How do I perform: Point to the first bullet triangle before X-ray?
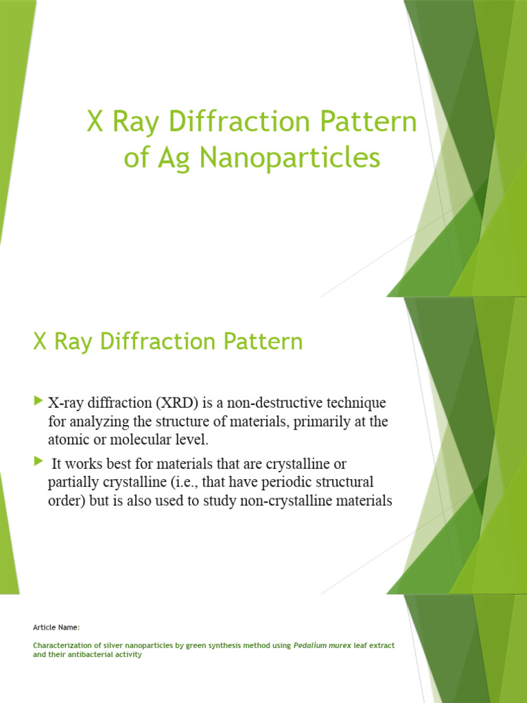tap(38, 400)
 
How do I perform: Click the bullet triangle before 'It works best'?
tap(38, 463)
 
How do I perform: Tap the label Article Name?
tap(56, 627)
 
